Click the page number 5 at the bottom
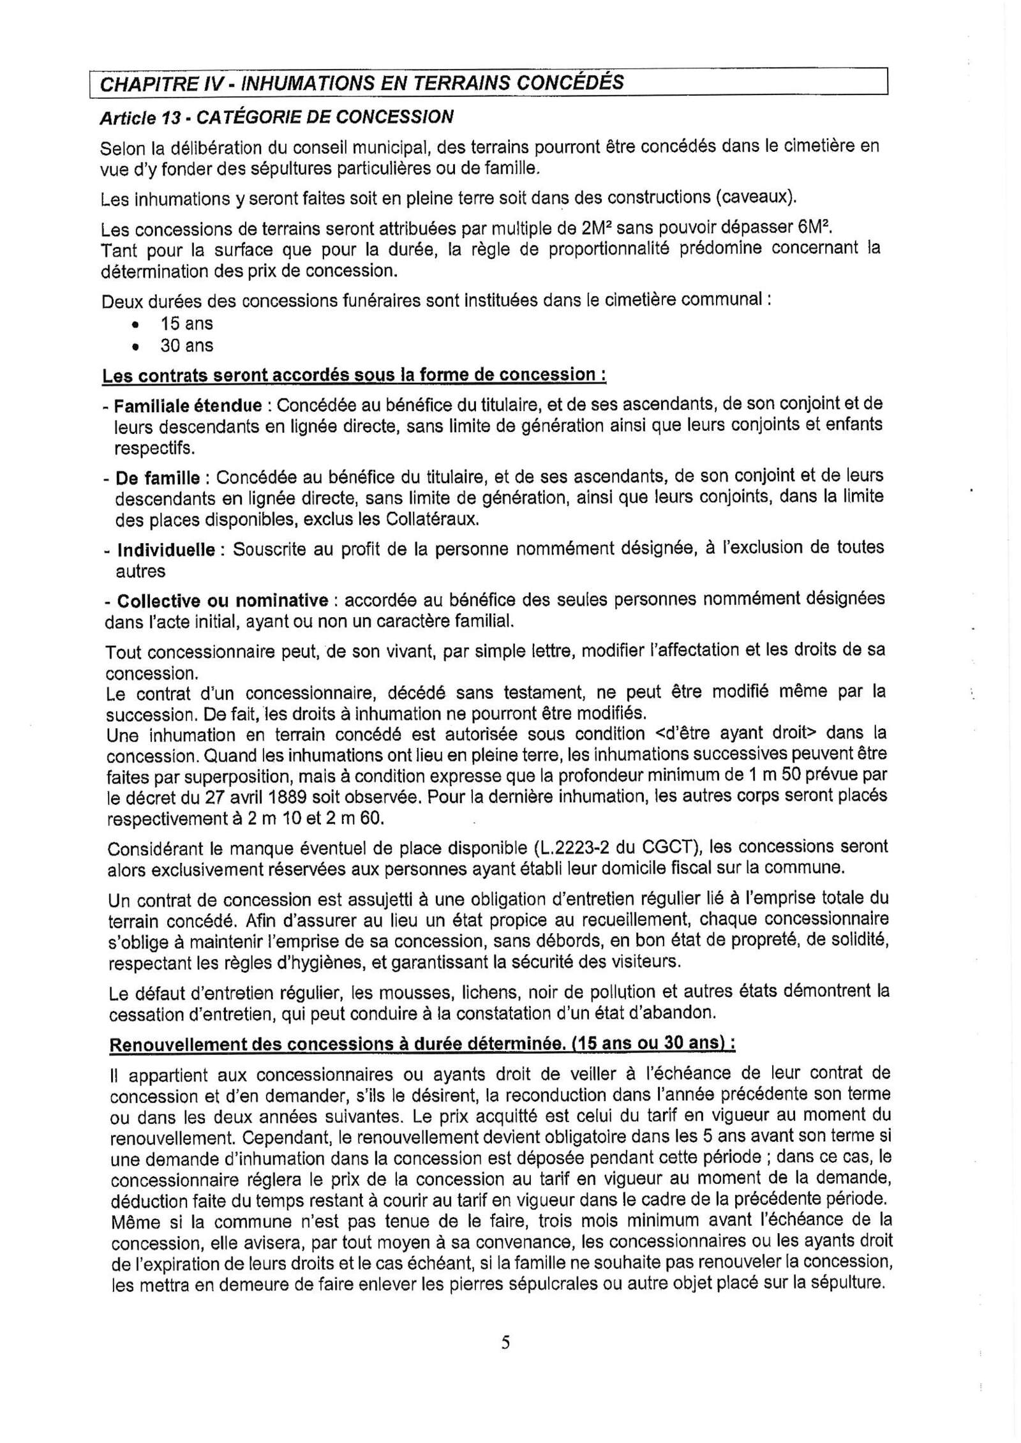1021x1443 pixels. pyautogui.click(x=505, y=1342)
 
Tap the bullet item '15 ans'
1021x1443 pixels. pyautogui.click(x=186, y=324)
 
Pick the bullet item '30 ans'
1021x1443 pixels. pyautogui.click(x=186, y=346)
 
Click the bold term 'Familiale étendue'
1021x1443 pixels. pyautogui.click(x=188, y=406)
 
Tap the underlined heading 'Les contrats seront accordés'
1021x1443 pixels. pyautogui.click(x=354, y=375)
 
